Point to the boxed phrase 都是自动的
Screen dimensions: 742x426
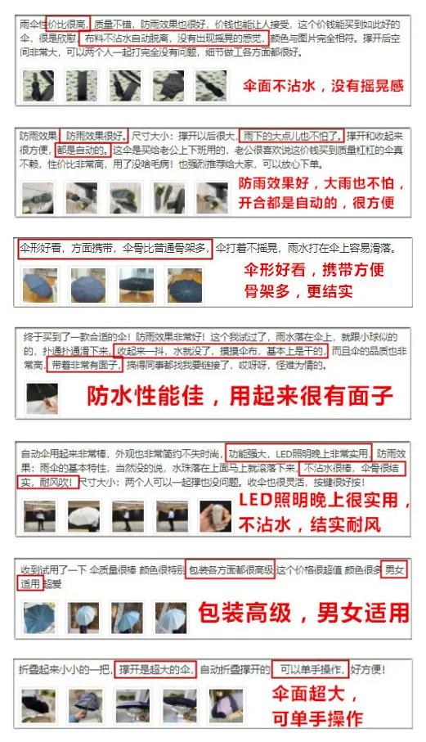tap(80, 149)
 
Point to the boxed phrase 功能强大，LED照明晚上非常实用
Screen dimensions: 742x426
tap(298, 453)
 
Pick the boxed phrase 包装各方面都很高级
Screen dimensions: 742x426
tap(230, 569)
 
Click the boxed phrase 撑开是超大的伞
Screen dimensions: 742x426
tap(155, 669)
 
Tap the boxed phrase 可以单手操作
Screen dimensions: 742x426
tap(309, 669)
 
